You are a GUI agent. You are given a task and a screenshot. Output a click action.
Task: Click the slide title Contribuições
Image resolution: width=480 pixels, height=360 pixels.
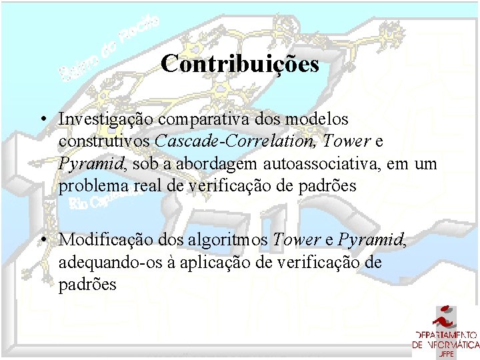coord(240,65)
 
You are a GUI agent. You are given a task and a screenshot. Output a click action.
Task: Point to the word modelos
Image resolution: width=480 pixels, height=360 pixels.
coord(318,119)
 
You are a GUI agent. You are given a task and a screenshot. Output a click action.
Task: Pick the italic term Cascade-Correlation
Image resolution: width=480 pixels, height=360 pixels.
coord(237,141)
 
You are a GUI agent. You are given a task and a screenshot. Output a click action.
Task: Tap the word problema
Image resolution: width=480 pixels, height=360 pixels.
coord(91,186)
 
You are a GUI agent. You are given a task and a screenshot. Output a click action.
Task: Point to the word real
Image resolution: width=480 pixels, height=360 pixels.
coord(141,186)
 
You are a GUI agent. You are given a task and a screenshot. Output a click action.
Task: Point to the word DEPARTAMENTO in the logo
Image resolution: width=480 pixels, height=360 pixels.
coord(445,335)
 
